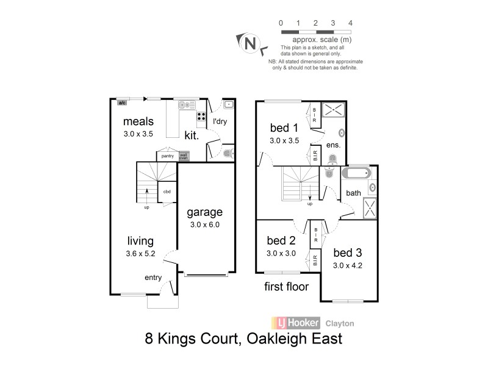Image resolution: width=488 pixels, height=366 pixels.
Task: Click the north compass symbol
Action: [x=249, y=43]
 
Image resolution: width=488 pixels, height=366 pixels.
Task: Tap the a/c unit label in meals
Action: [x=122, y=102]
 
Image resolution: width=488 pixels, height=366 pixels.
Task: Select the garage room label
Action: [x=204, y=213]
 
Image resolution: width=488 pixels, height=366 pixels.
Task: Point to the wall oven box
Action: [x=183, y=156]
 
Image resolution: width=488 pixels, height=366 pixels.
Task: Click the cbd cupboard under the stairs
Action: [x=167, y=192]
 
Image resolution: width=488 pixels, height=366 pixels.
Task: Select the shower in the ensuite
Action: [x=333, y=110]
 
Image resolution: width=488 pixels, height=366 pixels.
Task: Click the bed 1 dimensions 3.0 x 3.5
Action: [x=285, y=140]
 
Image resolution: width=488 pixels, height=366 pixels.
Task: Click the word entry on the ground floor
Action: [x=153, y=278]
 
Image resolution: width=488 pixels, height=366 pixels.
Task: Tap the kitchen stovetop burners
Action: [x=201, y=117]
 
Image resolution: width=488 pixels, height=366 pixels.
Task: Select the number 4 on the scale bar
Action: [x=350, y=23]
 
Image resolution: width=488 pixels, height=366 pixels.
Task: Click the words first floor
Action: [x=286, y=286]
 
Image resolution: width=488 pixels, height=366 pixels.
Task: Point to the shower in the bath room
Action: [x=371, y=207]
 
